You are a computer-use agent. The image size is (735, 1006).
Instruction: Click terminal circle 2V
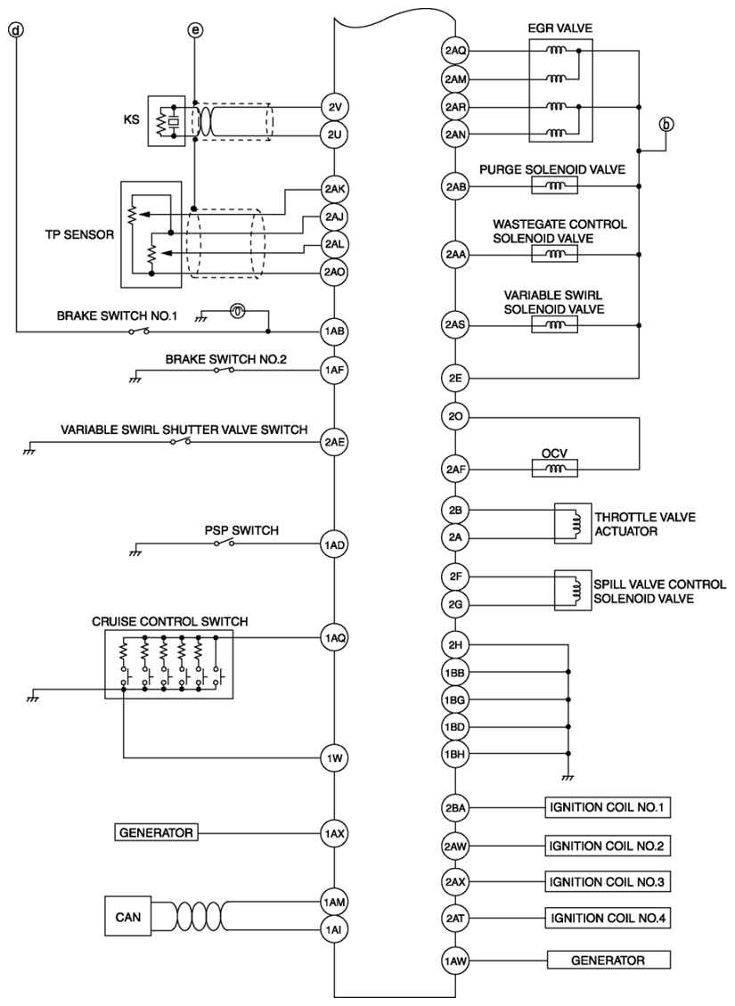[334, 107]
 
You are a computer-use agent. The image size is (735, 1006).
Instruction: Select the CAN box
[127, 917]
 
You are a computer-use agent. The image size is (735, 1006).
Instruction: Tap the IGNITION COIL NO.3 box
[608, 881]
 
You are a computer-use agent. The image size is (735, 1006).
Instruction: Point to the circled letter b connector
[666, 125]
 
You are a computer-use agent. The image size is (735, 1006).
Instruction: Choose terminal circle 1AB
[334, 331]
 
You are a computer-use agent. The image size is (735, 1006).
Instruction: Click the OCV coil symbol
[555, 469]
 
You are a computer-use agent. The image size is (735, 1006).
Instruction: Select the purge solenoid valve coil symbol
[555, 186]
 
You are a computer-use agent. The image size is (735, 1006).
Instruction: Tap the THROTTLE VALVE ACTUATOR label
[644, 524]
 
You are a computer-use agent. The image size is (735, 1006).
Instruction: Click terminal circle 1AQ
[334, 637]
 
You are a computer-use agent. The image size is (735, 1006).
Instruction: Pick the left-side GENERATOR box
[156, 833]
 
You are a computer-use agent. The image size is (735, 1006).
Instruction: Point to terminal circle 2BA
[454, 808]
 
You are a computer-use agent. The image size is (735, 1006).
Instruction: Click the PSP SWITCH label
[241, 530]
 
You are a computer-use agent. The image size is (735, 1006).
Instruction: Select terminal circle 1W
[334, 758]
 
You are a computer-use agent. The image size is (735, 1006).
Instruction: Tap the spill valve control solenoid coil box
[573, 590]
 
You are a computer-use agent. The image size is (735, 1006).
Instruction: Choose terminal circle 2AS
[454, 324]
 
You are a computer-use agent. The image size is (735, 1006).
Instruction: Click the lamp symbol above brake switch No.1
[236, 311]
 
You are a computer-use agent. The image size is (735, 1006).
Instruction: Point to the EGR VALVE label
[559, 29]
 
